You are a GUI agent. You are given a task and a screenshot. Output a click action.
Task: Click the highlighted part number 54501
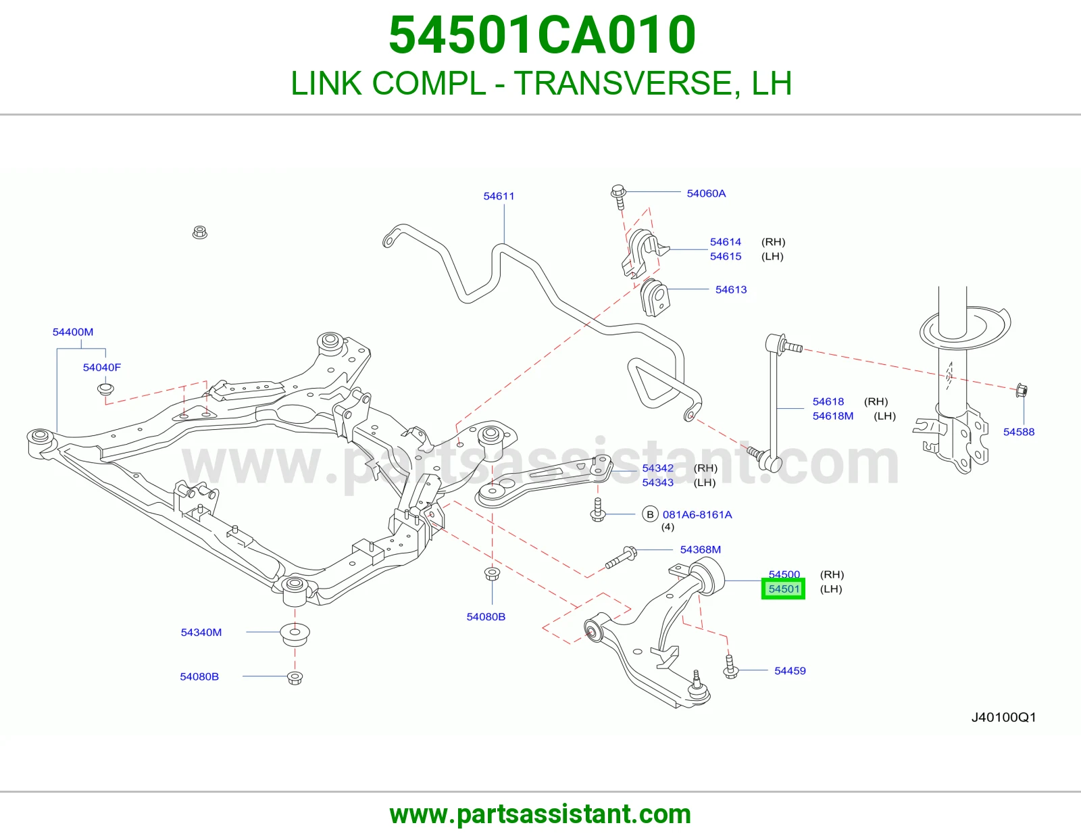(784, 589)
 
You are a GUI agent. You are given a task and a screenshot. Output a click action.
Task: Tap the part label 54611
(499, 196)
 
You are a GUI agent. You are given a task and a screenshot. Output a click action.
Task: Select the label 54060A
(706, 193)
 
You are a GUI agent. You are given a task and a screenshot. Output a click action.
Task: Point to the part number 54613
(731, 290)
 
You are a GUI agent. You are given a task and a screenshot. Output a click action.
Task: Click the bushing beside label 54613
(654, 297)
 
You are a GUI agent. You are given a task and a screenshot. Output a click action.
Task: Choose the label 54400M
(73, 332)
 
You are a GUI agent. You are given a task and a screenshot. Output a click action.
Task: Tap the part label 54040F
(101, 367)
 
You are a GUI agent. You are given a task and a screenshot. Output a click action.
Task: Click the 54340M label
(201, 632)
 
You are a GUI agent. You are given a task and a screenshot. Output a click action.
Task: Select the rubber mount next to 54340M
(295, 633)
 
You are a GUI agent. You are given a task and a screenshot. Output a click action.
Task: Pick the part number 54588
(1018, 432)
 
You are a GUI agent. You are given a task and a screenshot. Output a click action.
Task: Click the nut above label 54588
(1022, 391)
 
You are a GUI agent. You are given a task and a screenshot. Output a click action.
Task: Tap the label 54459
(790, 670)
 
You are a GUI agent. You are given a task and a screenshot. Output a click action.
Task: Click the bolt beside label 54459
(730, 666)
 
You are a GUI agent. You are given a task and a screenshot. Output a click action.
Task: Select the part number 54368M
(700, 549)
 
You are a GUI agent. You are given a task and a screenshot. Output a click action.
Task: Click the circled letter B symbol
(650, 514)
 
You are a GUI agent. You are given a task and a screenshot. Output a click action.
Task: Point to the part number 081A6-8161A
(697, 514)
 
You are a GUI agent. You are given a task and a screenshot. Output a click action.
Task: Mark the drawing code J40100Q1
(1003, 717)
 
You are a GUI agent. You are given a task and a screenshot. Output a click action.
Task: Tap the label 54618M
(832, 416)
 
